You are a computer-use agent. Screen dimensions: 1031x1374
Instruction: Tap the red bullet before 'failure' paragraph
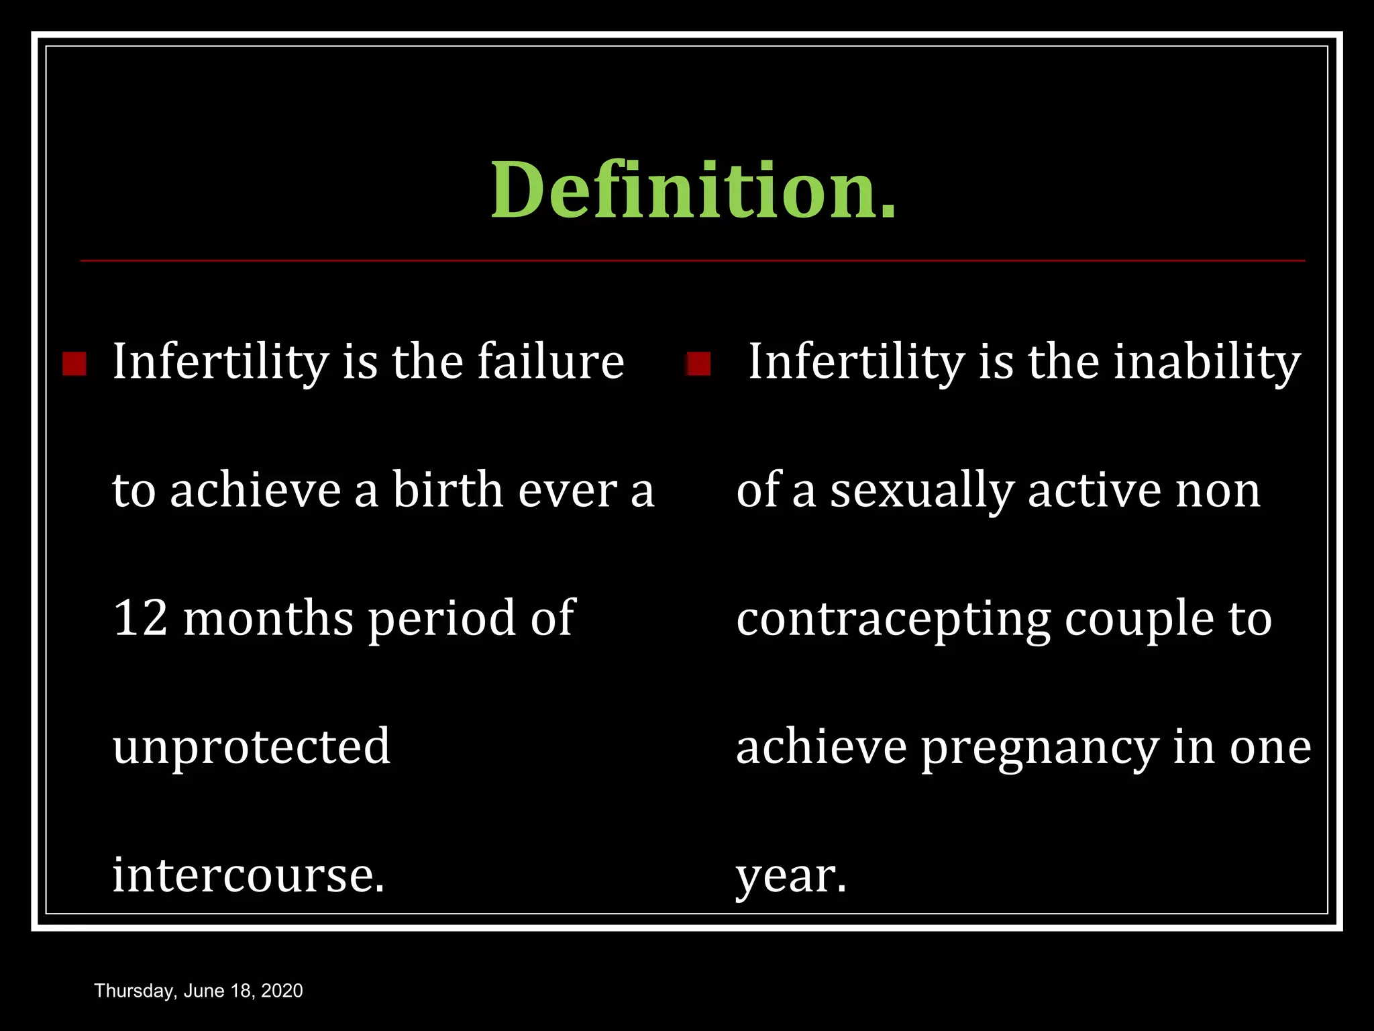(x=74, y=364)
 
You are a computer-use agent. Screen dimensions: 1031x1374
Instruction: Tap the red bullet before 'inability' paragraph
(x=698, y=364)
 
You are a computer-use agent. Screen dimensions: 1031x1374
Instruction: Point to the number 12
(x=140, y=618)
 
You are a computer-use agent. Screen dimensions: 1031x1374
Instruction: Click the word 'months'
(x=268, y=618)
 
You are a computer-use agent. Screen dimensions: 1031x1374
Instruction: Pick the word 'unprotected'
(x=252, y=747)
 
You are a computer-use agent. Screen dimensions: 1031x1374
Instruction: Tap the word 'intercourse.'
(x=248, y=875)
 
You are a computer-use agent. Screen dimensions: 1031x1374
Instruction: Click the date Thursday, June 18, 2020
(x=199, y=991)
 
